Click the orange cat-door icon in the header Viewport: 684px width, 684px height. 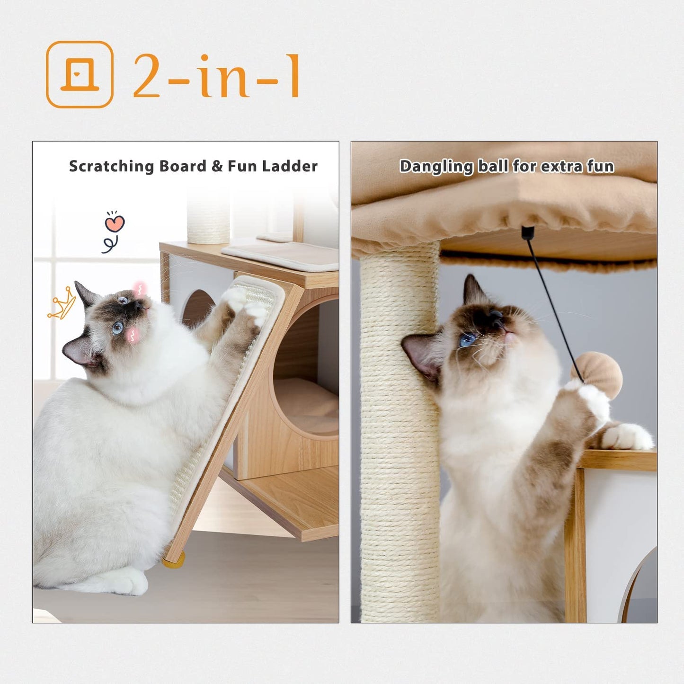tap(80, 75)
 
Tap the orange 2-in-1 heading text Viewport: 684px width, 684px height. tap(216, 76)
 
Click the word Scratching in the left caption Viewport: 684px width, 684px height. tap(111, 166)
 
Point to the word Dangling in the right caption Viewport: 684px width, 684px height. tap(436, 167)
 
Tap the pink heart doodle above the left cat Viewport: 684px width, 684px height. tap(115, 223)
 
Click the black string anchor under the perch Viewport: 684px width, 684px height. tap(527, 232)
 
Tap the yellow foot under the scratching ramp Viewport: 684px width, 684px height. tap(173, 562)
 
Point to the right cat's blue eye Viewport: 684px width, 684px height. tap(468, 339)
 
